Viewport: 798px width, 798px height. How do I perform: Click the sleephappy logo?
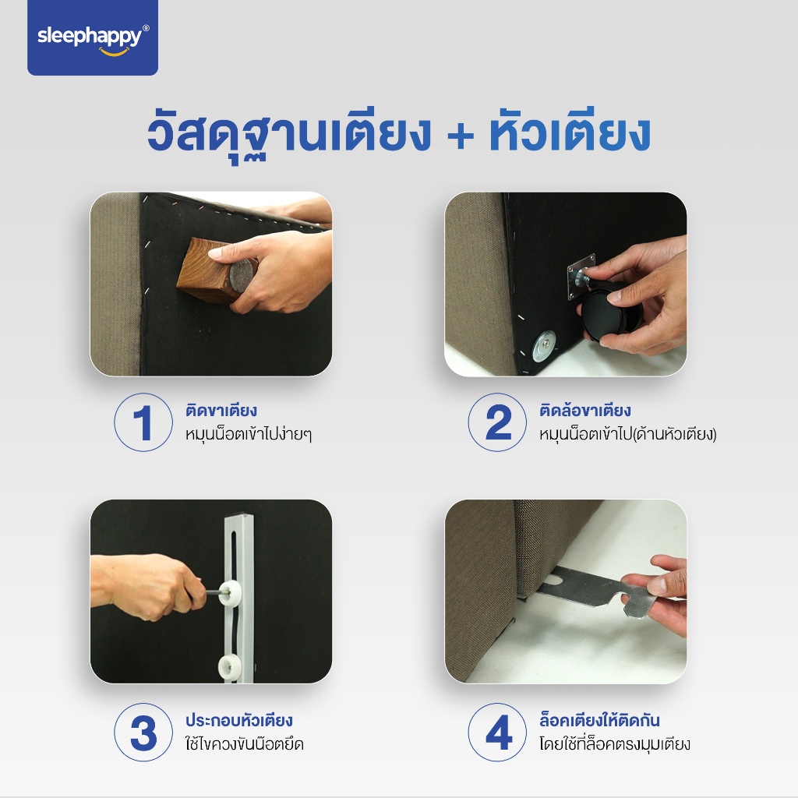tap(93, 37)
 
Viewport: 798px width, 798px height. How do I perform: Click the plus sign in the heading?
tap(461, 136)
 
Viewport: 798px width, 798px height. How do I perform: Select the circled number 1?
tap(143, 422)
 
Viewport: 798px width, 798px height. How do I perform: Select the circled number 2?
tap(497, 422)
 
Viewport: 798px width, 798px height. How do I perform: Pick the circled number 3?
tap(143, 732)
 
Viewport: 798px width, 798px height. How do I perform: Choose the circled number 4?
tap(497, 732)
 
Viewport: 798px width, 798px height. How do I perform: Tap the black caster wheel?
tap(606, 311)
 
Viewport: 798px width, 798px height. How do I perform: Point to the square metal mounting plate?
tap(581, 277)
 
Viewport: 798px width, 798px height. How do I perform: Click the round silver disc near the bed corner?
tap(544, 346)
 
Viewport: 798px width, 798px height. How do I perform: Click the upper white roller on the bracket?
tap(230, 592)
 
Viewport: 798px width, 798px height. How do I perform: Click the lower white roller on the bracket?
tap(231, 667)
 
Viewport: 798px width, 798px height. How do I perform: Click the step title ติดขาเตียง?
tap(221, 410)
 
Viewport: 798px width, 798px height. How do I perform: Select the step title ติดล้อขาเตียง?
tap(585, 410)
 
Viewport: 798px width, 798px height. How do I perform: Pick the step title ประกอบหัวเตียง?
tap(238, 720)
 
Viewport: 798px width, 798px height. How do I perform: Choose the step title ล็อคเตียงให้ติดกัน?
tap(599, 720)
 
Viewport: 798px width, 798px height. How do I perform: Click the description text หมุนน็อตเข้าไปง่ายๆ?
tap(249, 434)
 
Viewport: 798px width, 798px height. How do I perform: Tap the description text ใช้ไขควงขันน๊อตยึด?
tap(244, 743)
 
